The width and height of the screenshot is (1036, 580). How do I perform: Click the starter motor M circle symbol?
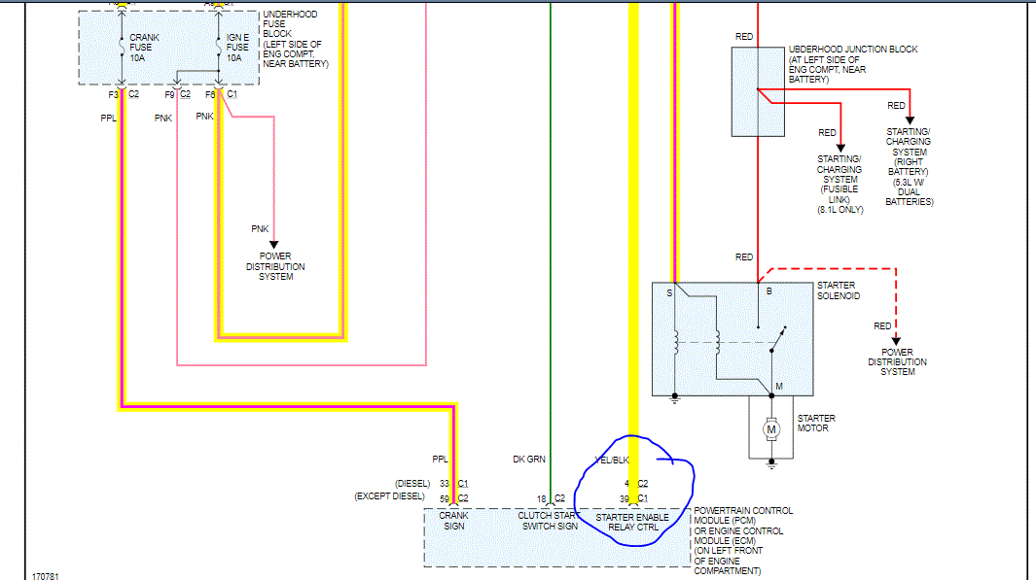[x=771, y=428]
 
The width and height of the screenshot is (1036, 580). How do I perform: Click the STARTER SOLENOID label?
[x=839, y=290]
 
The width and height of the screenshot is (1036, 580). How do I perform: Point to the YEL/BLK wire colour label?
[x=612, y=460]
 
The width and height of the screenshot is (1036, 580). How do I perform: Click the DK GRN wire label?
[x=530, y=460]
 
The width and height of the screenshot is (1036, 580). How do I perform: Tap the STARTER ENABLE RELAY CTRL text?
[x=632, y=522]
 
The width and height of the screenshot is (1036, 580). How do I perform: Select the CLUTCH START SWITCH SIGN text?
[x=548, y=522]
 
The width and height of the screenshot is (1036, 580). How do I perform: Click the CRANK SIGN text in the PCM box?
[x=454, y=521]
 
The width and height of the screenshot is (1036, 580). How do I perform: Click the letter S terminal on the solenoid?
[x=668, y=291]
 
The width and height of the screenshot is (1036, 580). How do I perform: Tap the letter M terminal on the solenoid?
[x=778, y=387]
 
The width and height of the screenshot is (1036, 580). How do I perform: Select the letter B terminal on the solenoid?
[x=768, y=291]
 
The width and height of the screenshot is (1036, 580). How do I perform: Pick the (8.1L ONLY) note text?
[x=839, y=210]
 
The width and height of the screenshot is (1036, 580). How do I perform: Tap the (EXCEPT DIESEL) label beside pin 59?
[x=390, y=496]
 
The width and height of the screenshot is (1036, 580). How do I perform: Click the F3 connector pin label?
[x=114, y=94]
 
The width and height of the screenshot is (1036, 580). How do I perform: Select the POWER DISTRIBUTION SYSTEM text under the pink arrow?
[x=274, y=266]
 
